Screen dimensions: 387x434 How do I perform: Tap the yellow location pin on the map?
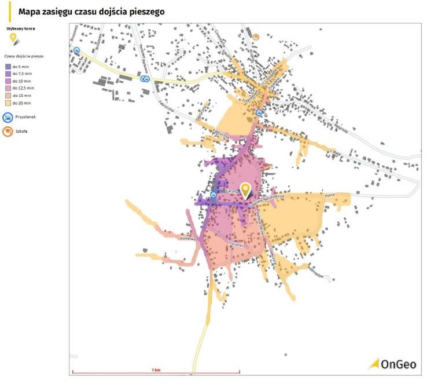(246, 190)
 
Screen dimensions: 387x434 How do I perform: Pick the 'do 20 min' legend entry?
(22, 102)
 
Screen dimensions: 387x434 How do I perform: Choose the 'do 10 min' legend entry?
(22, 82)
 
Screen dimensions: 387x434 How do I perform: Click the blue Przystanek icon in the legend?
(9, 116)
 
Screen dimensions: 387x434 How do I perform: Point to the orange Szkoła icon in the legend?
(9, 131)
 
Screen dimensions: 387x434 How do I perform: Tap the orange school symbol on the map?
(256, 36)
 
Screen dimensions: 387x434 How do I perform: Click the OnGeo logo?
(393, 364)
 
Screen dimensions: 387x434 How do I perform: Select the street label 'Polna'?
(329, 196)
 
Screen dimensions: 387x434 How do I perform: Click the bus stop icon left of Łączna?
(214, 196)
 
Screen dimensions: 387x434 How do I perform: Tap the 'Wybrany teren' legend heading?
(17, 27)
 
